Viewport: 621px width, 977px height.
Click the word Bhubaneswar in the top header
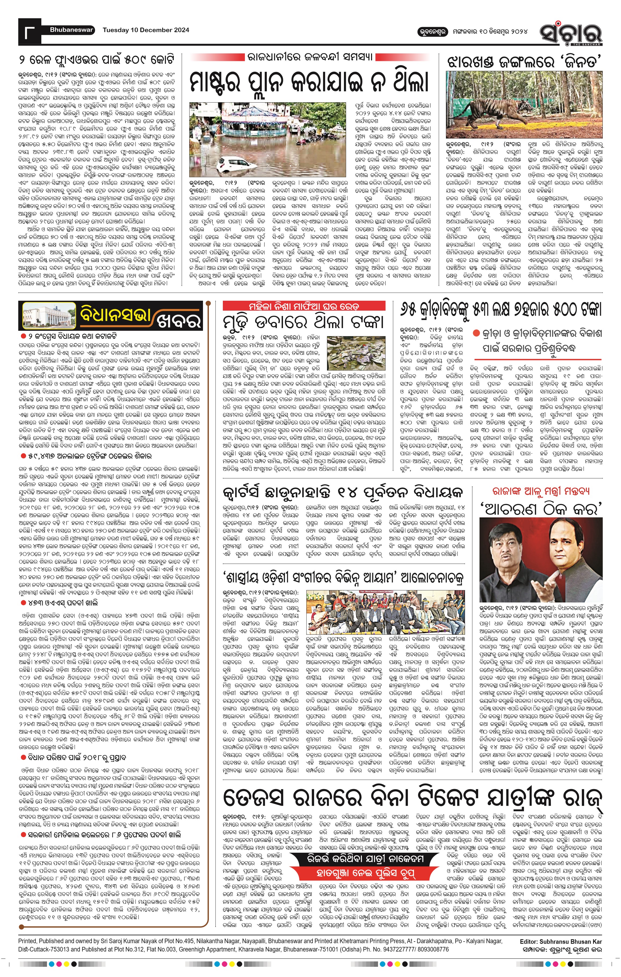(x=71, y=30)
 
